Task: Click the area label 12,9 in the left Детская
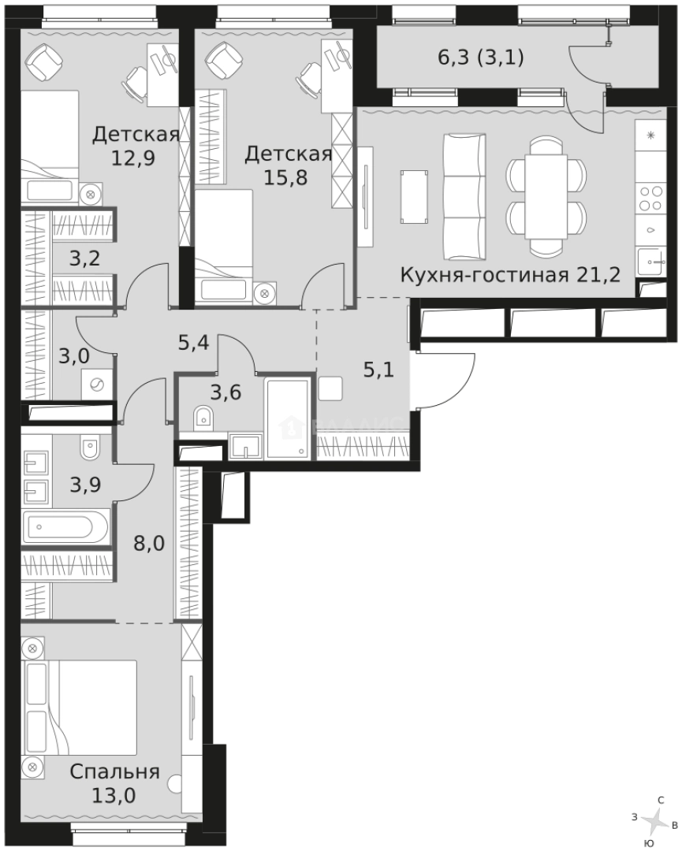(133, 156)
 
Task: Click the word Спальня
(114, 771)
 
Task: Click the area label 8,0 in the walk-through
(148, 543)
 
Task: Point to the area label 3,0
(74, 355)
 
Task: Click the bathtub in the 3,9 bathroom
(66, 526)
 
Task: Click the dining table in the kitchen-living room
(546, 196)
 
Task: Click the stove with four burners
(650, 196)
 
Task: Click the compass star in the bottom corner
(652, 822)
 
